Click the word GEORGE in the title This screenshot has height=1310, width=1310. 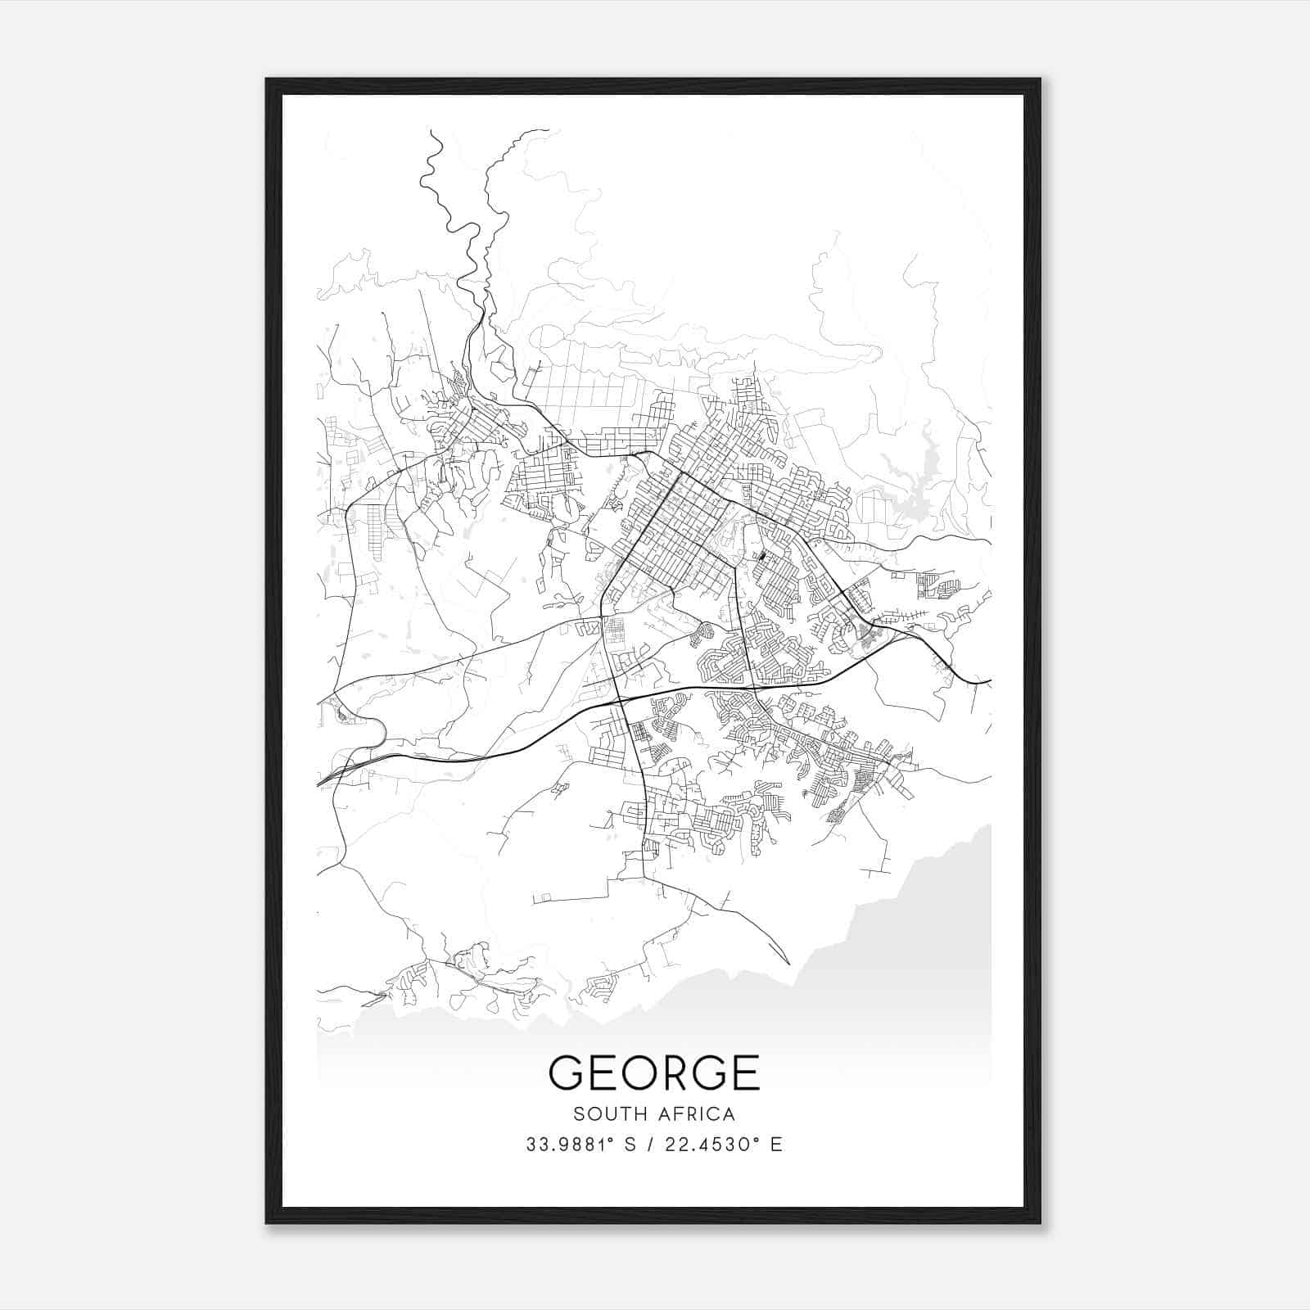pos(653,1073)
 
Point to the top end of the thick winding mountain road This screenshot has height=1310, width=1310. pos(431,132)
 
